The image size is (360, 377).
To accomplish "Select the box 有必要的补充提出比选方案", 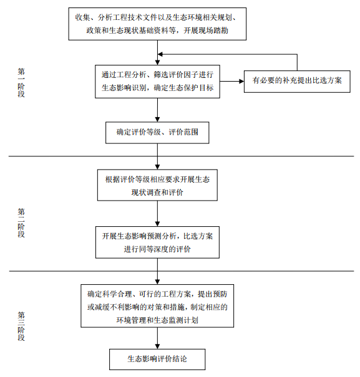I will point(297,81).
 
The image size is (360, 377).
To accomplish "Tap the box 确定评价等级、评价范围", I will point(157,132).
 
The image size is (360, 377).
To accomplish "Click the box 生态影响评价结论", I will point(157,359).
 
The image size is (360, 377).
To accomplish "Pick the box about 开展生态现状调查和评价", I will point(157,186).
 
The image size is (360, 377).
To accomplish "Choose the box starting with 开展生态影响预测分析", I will point(157,242).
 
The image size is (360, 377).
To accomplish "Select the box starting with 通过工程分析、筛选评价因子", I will point(157,81).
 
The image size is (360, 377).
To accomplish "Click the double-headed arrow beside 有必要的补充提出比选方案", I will point(231,81).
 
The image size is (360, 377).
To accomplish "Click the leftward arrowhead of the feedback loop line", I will point(161,55).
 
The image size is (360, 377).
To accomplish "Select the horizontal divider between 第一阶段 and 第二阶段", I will point(181,156).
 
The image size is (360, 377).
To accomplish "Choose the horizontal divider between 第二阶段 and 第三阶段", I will point(181,271).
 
